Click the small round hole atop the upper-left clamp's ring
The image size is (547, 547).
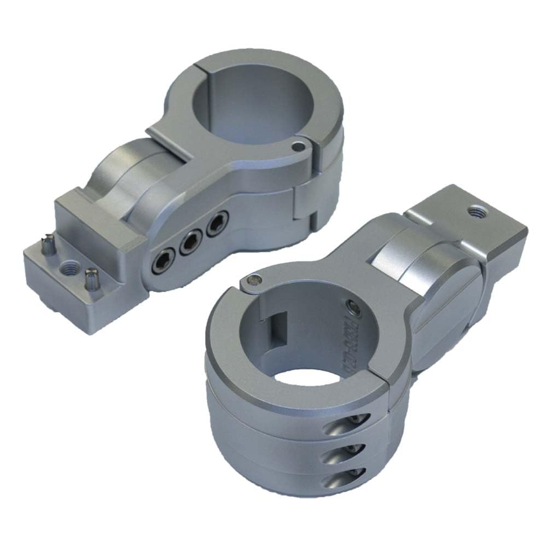297,147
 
